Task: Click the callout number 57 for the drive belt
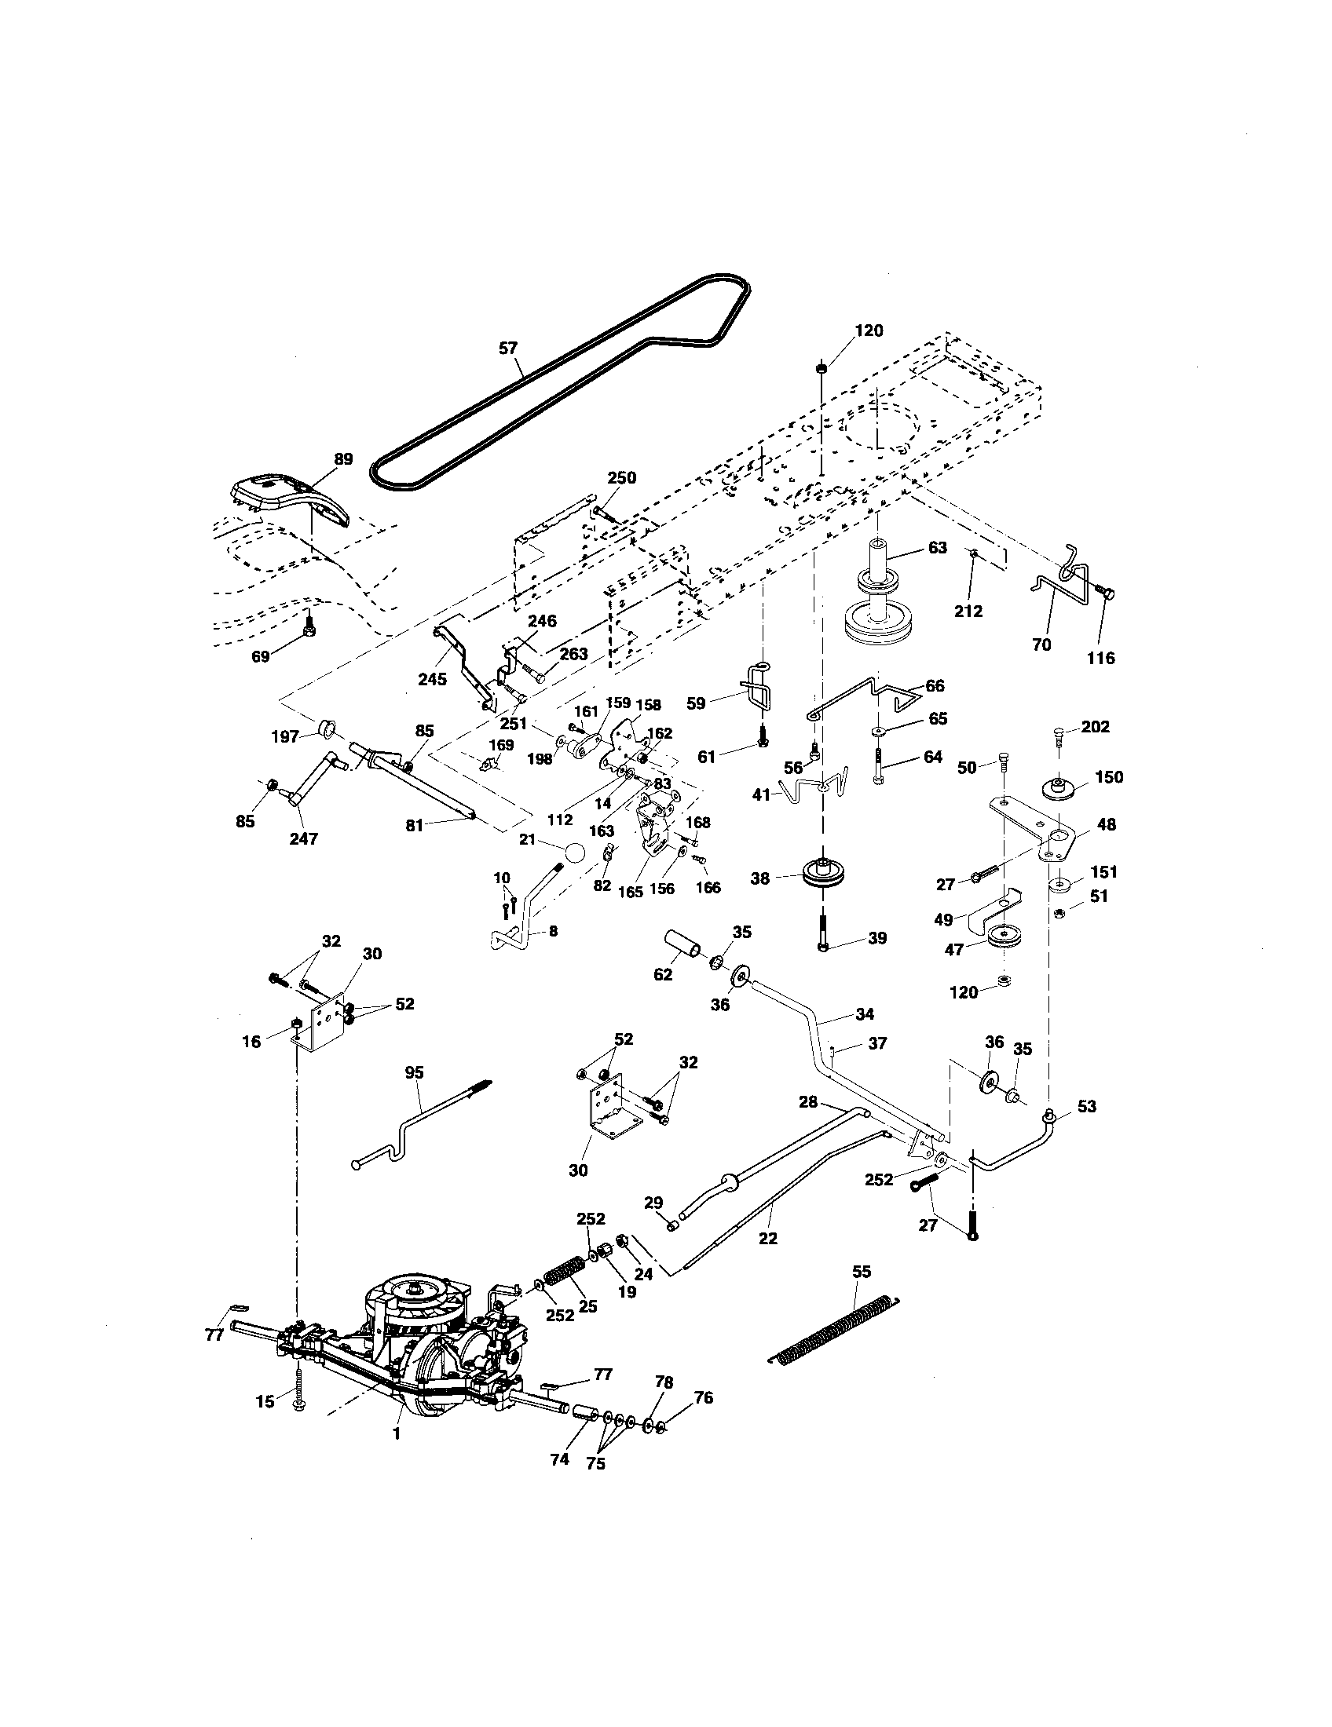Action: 509,347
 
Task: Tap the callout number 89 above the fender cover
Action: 343,459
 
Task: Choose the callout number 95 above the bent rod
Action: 414,1072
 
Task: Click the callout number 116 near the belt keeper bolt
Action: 1101,657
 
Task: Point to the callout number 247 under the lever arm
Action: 303,839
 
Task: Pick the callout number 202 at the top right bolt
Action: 1095,727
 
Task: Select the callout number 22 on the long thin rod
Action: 767,1238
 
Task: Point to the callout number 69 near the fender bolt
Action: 260,656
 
